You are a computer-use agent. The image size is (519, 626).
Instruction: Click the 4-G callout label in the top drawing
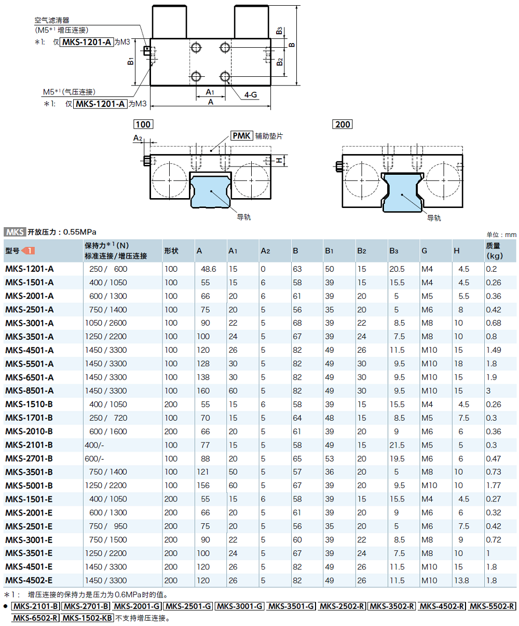(251, 95)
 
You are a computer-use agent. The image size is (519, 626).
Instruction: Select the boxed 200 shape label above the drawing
(343, 124)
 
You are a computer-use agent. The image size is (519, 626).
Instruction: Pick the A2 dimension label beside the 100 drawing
(137, 138)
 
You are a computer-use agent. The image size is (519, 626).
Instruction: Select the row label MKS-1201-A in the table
(30, 269)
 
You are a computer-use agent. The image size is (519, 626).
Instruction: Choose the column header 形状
(171, 251)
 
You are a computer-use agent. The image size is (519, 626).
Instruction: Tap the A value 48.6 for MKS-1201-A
(209, 269)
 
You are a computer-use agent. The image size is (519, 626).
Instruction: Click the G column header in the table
(425, 251)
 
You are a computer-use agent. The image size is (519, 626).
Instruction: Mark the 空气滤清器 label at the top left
(52, 21)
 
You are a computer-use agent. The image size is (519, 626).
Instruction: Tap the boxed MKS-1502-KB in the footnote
(87, 618)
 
